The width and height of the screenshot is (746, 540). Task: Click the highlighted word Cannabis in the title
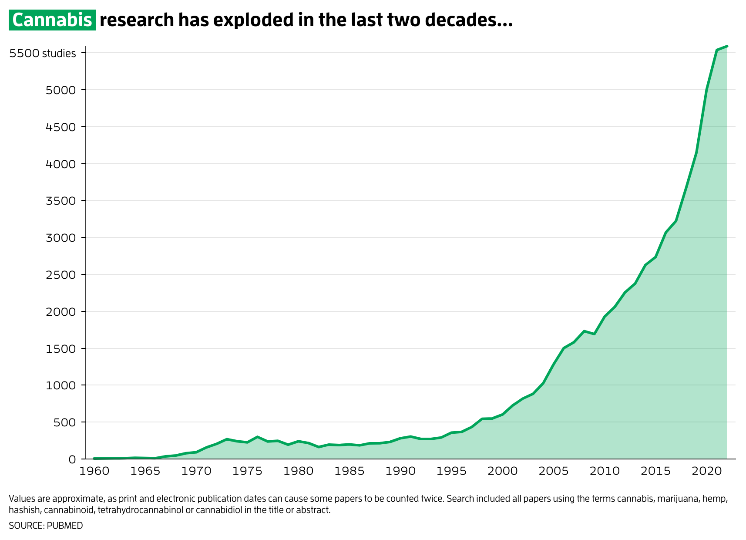tap(52, 20)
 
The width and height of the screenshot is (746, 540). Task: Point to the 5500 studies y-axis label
tap(43, 54)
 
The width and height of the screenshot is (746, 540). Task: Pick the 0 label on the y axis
tap(72, 459)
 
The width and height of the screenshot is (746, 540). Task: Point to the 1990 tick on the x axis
tap(400, 471)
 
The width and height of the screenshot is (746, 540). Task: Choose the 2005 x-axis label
tap(554, 471)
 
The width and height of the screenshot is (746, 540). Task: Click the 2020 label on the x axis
tap(706, 471)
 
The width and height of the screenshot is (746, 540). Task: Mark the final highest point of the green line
tap(727, 46)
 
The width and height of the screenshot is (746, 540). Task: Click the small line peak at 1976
tap(258, 437)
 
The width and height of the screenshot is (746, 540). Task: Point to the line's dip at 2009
tap(595, 334)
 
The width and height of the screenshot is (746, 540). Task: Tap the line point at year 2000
tap(503, 414)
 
